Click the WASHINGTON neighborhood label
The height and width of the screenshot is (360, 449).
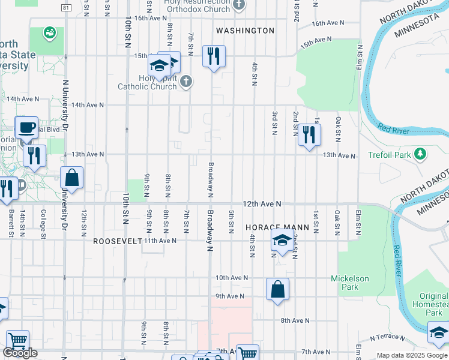[x=245, y=31]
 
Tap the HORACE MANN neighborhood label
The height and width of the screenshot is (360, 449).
[x=277, y=228]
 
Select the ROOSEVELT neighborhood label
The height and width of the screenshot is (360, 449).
[x=117, y=241]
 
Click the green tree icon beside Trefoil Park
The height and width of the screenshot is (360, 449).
[x=421, y=155]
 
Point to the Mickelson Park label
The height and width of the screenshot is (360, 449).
[x=350, y=283]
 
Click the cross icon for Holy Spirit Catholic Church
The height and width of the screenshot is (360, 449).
[x=186, y=81]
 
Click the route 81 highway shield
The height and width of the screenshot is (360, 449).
[x=65, y=7]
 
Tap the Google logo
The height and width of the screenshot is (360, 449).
[x=20, y=353]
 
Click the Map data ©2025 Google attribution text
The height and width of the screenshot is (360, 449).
[x=412, y=355]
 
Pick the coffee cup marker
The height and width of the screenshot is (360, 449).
[x=26, y=127]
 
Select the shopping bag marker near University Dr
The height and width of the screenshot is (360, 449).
[x=71, y=178]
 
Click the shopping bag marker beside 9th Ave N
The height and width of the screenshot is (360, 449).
[x=277, y=290]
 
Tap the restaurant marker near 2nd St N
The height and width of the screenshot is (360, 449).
[x=309, y=135]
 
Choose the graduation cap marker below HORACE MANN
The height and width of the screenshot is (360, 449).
[x=282, y=241]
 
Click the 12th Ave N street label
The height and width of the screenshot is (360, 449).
[x=262, y=205]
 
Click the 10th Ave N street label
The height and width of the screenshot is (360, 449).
[x=231, y=278]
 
